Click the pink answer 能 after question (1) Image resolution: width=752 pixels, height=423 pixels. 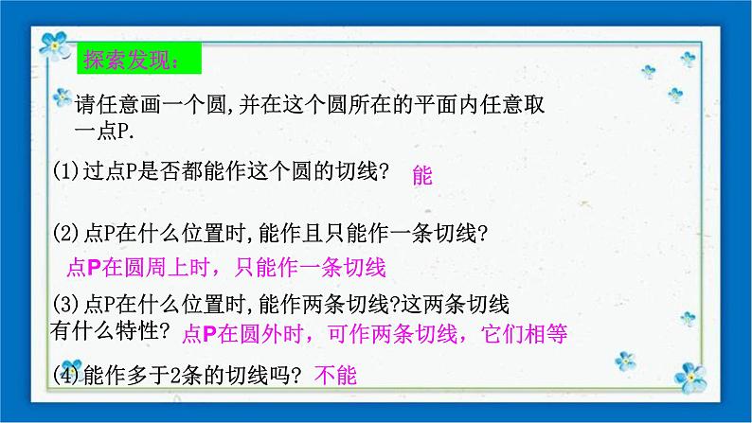(422, 175)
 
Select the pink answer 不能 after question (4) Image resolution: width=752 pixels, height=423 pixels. (335, 376)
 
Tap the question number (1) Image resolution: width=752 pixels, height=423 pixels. (66, 171)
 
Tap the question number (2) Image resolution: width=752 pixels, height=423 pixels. (66, 232)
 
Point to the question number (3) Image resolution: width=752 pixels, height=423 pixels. (66, 305)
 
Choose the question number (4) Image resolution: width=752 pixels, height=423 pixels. (66, 375)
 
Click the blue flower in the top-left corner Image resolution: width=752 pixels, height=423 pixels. (54, 43)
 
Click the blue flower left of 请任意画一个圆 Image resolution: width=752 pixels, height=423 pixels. (63, 97)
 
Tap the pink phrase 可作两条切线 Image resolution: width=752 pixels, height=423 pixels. (389, 333)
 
